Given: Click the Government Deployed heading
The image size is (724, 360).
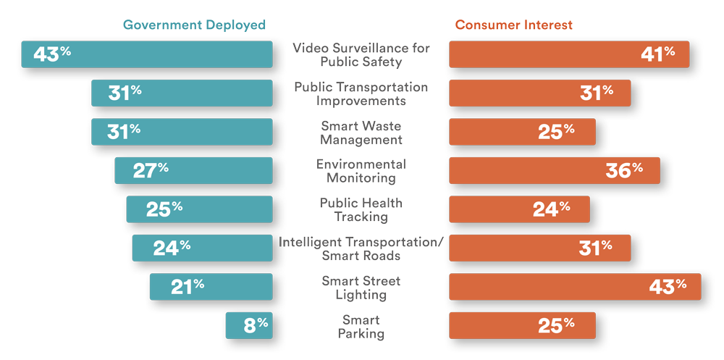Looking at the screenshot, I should pyautogui.click(x=194, y=25).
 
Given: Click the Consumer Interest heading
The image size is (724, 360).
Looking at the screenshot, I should pyautogui.click(x=513, y=25).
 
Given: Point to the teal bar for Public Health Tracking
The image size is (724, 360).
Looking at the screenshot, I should pyautogui.click(x=217, y=209).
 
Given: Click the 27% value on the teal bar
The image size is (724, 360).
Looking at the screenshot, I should pyautogui.click(x=151, y=170).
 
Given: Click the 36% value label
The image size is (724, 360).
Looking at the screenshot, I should pyautogui.click(x=625, y=170).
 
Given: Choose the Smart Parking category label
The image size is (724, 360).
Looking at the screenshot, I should pyautogui.click(x=361, y=327).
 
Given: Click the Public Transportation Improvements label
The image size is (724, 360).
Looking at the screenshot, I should pyautogui.click(x=361, y=94).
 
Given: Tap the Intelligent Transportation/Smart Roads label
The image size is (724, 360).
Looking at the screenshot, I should pyautogui.click(x=361, y=248).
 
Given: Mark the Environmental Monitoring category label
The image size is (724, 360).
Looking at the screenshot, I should pyautogui.click(x=361, y=171).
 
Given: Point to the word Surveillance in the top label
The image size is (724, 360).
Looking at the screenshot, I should pyautogui.click(x=362, y=49).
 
